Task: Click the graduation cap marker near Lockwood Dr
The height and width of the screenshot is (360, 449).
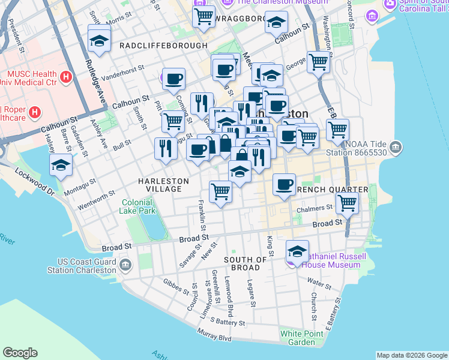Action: [x=61, y=165]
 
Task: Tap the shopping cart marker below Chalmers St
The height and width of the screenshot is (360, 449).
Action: [x=347, y=204]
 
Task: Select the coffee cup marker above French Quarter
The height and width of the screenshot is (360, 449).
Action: [x=284, y=184]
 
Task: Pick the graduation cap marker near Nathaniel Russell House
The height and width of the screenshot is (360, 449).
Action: [x=297, y=251]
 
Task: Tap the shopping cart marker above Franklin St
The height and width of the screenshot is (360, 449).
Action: [x=220, y=192]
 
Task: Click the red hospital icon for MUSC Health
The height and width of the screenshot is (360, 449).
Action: [x=66, y=77]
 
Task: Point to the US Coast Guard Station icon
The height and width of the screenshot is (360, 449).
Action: [x=125, y=265]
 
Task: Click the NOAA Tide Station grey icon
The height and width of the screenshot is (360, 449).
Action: [x=396, y=147]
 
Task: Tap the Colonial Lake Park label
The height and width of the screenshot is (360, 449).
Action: [x=139, y=206]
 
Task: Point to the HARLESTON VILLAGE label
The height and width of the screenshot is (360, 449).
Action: [x=163, y=185]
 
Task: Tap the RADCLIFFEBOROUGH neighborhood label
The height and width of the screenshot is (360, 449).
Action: [x=155, y=46]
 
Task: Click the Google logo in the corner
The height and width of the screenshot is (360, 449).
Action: [x=20, y=353]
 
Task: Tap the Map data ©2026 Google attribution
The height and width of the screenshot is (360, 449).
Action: [x=412, y=355]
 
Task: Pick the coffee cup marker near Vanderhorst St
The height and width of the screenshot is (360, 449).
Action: [x=173, y=79]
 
